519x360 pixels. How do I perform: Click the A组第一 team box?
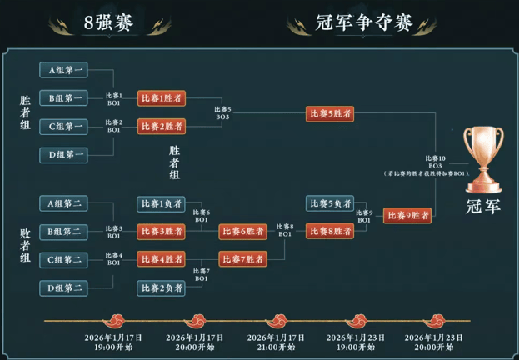click(x=63, y=71)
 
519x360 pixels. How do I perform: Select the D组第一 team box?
click(x=63, y=154)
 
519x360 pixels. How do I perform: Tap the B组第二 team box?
click(x=63, y=231)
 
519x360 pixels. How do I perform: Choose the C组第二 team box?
click(x=63, y=260)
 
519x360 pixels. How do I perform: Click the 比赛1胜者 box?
click(x=161, y=98)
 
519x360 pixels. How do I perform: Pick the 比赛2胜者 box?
click(x=161, y=127)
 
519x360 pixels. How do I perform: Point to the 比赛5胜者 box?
click(x=329, y=113)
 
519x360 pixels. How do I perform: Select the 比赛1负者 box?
click(x=161, y=203)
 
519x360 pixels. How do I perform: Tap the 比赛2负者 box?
click(x=161, y=287)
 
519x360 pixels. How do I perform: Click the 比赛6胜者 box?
click(x=242, y=231)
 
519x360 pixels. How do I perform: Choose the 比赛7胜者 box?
click(x=242, y=259)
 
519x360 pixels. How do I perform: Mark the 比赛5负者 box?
click(x=329, y=203)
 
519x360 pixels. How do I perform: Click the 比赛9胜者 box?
click(x=407, y=216)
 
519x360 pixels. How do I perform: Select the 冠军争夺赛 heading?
click(x=364, y=22)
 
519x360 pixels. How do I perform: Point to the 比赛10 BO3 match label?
click(x=435, y=162)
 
